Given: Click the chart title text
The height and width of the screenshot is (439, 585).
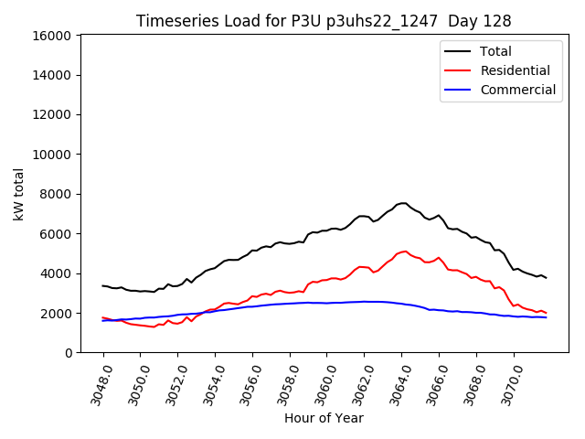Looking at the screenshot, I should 324,21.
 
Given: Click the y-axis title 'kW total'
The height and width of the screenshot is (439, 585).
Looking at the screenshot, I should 18,194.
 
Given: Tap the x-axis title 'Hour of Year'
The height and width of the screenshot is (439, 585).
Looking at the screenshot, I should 324,418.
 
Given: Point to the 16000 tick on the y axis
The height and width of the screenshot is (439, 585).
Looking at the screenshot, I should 52,36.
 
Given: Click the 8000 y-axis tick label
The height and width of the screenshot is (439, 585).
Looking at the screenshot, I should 56,194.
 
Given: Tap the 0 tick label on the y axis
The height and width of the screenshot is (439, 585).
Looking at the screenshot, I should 69,353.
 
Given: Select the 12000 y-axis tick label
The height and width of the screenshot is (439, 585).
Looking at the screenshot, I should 52,115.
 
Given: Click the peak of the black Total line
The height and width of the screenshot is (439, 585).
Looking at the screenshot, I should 402,203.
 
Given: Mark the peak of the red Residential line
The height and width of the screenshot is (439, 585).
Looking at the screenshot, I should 405,251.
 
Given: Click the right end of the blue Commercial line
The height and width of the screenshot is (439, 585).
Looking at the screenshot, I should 547,317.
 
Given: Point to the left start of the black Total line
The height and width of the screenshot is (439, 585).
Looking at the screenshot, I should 102,285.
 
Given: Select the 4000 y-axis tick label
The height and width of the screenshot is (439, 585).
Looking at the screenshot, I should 56,273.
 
